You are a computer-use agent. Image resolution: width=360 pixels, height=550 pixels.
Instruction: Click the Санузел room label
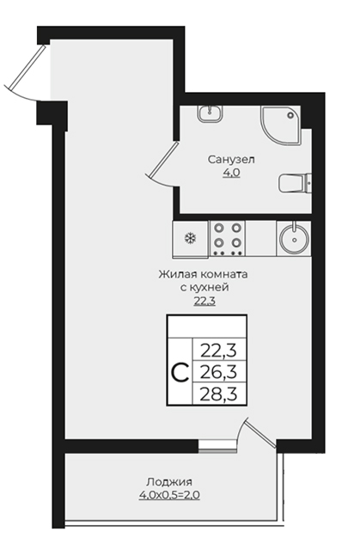tap(231, 160)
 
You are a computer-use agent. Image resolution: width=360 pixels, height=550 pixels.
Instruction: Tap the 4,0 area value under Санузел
tap(231, 173)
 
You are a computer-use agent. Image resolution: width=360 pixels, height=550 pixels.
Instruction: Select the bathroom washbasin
tap(210, 113)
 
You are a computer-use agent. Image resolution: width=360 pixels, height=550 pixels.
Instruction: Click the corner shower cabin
tap(280, 125)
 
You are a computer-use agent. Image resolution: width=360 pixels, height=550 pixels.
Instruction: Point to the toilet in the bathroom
tap(296, 183)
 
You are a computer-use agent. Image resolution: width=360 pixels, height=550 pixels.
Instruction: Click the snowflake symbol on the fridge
tap(191, 239)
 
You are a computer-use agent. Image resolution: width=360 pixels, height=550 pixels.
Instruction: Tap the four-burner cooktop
tap(227, 238)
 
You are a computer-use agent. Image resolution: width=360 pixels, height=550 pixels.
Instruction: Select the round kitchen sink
tap(294, 238)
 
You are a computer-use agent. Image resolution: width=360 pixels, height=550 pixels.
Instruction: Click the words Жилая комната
tap(204, 274)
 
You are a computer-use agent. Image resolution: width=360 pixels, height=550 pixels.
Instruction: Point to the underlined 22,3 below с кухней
tap(204, 301)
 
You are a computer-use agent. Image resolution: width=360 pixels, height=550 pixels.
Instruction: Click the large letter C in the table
tap(180, 372)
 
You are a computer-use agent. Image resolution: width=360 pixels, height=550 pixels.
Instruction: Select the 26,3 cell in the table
tap(219, 372)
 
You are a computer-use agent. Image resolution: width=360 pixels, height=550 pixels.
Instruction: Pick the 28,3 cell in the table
tap(219, 394)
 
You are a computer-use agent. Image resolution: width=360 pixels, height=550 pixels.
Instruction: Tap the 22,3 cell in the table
tap(219, 350)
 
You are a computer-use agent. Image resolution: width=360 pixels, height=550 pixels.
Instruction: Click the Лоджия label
tap(169, 482)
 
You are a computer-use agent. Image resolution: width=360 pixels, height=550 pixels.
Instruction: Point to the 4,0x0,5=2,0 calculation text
tap(169, 495)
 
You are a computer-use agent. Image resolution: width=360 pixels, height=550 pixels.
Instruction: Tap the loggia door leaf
tap(261, 433)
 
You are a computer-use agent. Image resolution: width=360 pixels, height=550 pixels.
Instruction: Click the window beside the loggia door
tap(217, 445)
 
